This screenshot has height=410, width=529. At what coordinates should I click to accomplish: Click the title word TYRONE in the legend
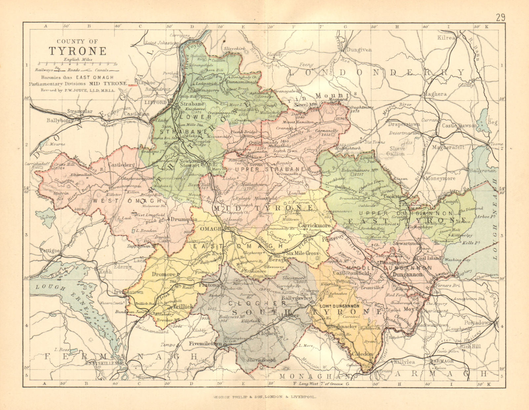tap(78, 51)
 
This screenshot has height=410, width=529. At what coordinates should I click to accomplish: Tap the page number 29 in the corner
tap(501, 18)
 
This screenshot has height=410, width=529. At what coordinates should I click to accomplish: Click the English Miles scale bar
tap(77, 64)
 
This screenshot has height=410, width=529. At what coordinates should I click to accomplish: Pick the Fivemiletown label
tap(205, 344)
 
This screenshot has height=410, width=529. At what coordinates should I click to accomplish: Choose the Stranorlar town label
tap(80, 111)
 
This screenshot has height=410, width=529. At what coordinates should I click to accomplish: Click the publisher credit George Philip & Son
tap(264, 397)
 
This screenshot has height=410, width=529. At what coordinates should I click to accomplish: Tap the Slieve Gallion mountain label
tap(395, 151)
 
